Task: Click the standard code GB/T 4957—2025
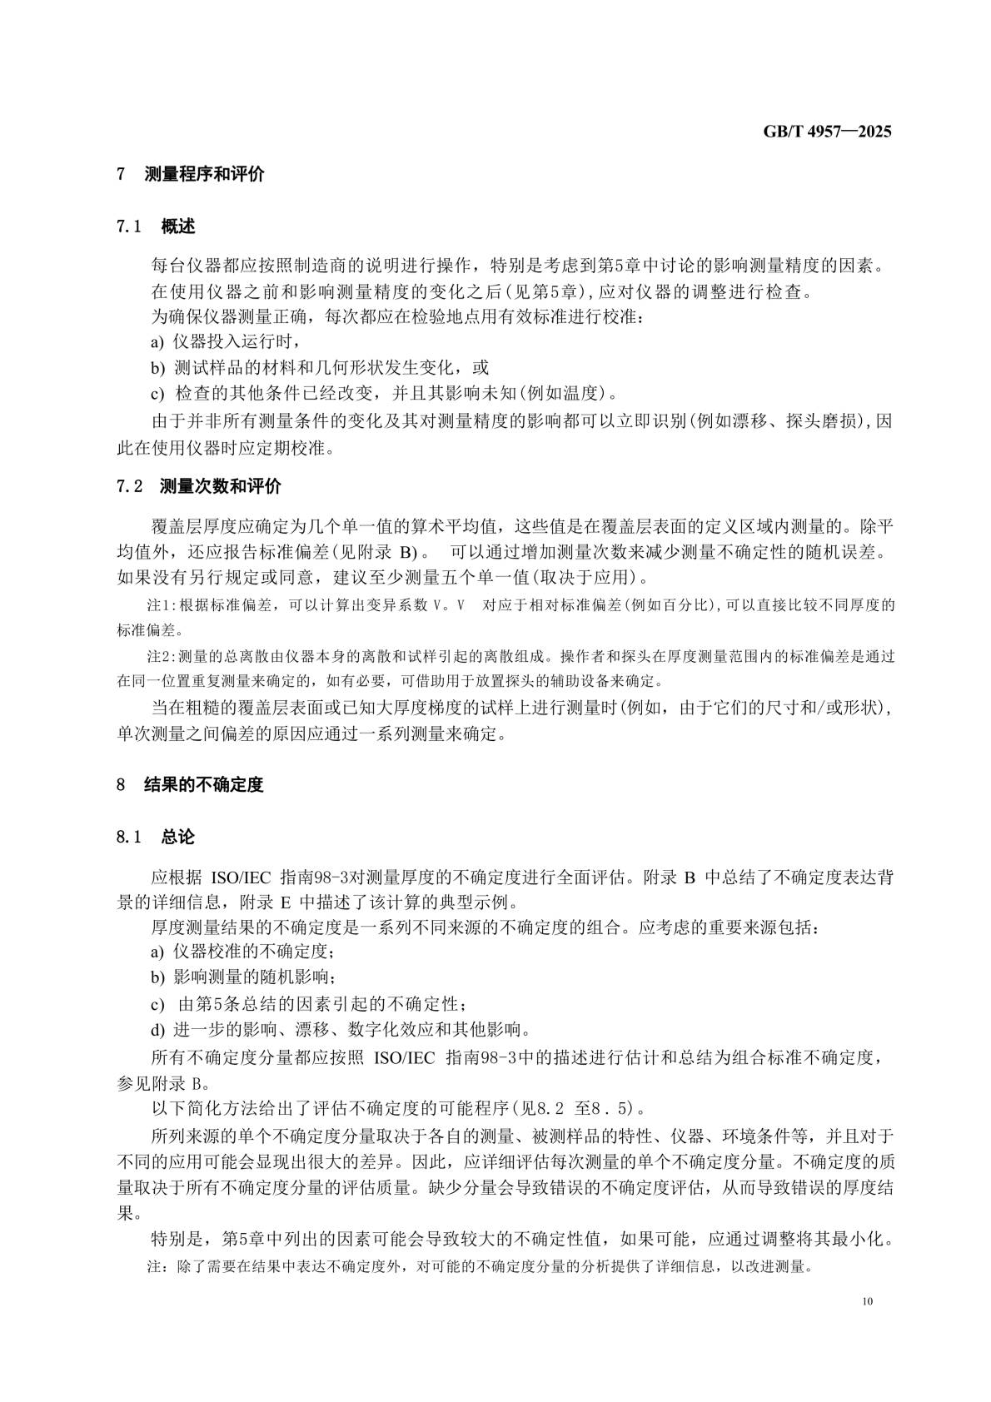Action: point(827,132)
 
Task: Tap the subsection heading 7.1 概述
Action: point(156,226)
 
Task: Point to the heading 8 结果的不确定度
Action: point(190,784)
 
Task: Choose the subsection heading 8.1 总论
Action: point(156,837)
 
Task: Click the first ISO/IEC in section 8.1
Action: point(237,877)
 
